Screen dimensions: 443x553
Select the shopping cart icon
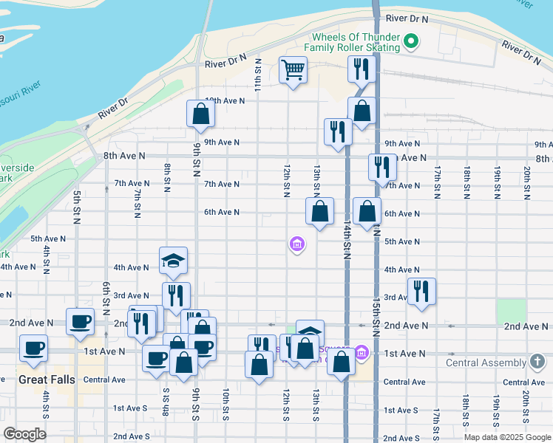(293, 71)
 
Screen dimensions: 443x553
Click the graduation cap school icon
(173, 261)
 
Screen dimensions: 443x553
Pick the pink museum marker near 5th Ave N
(296, 243)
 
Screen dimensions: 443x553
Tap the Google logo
(25, 434)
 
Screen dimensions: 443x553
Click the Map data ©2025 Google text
(506, 437)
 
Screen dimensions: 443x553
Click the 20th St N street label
(526, 183)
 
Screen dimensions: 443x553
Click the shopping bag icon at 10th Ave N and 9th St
(200, 114)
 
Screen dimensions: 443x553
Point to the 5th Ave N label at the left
(48, 238)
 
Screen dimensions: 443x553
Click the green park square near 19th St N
(511, 312)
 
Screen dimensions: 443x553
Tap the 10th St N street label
(225, 405)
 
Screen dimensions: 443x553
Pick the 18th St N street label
(467, 183)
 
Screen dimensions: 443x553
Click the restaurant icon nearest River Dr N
(362, 69)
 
